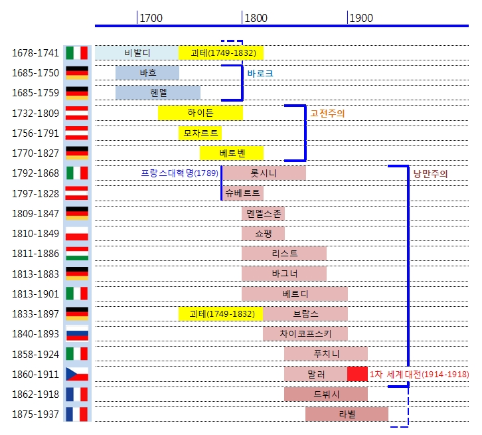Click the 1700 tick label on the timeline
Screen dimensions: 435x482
pyautogui.click(x=151, y=18)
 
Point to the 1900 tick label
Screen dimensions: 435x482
pyautogui.click(x=361, y=18)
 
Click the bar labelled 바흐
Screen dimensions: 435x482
pyautogui.click(x=147, y=73)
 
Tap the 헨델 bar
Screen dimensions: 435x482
pyautogui.click(x=158, y=93)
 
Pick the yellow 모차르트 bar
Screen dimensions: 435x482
pyautogui.click(x=200, y=133)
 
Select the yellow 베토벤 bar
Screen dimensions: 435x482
pyautogui.click(x=232, y=153)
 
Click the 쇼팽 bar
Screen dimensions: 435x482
pyautogui.click(x=263, y=233)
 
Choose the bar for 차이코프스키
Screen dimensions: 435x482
pyautogui.click(x=305, y=333)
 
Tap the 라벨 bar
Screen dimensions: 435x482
pyautogui.click(x=347, y=414)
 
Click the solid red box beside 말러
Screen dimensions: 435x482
pyautogui.click(x=357, y=374)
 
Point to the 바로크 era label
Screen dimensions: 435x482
pyautogui.click(x=260, y=73)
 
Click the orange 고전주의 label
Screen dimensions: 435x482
pyautogui.click(x=327, y=114)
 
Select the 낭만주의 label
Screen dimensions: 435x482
pyautogui.click(x=430, y=174)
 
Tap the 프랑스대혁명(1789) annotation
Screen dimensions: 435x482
pyautogui.click(x=179, y=173)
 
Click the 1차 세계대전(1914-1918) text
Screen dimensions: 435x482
pyautogui.click(x=419, y=374)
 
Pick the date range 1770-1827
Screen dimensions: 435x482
pyautogui.click(x=35, y=153)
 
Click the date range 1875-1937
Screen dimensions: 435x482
pyautogui.click(x=35, y=414)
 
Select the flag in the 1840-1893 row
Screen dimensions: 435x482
pyautogui.click(x=77, y=333)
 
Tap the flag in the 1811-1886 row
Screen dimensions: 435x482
pyautogui.click(x=77, y=253)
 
